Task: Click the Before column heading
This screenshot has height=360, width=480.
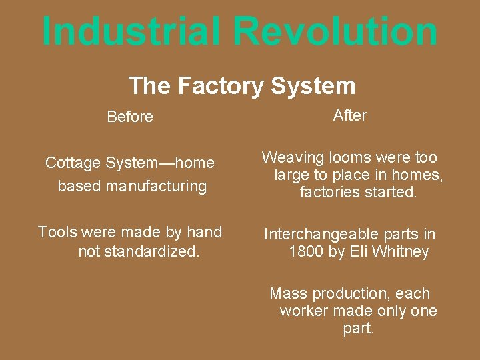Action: click(x=130, y=117)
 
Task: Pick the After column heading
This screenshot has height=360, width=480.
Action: click(x=349, y=115)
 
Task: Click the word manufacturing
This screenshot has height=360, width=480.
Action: click(x=155, y=186)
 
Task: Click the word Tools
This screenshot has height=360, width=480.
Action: click(x=57, y=232)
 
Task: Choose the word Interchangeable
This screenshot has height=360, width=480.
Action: click(x=321, y=234)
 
